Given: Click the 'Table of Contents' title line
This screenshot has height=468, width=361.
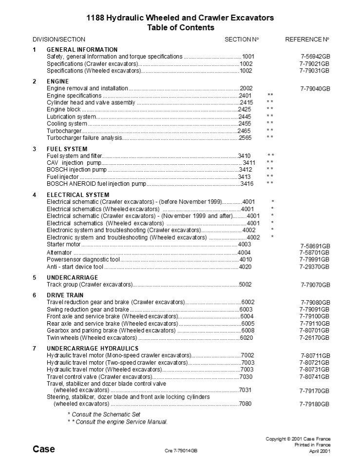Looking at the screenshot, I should tap(181, 28).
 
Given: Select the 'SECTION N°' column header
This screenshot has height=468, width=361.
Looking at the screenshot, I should tap(242, 39).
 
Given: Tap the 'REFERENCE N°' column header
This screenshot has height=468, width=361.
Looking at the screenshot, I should tap(307, 39).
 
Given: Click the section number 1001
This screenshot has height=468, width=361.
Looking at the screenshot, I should tap(248, 57).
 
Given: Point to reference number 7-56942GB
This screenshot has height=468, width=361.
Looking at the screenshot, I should tap(315, 57).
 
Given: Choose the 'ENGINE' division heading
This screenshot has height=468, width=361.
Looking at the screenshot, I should tap(57, 81).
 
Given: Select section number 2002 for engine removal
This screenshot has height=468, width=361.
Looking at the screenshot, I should tap(246, 88).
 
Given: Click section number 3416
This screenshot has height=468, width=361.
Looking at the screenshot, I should tap(247, 183).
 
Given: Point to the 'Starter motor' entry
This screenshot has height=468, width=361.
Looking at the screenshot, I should tap(63, 244).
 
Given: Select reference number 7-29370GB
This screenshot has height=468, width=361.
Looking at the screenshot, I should tap(315, 267).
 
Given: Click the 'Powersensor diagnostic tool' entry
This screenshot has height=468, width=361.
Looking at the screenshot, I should tap(81, 260).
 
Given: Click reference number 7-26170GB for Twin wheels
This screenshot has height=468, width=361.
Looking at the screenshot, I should tap(315, 337).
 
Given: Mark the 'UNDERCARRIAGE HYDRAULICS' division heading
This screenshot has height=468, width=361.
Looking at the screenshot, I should tap(93, 349).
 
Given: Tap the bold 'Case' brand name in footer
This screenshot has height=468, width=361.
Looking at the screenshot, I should tap(44, 449).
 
